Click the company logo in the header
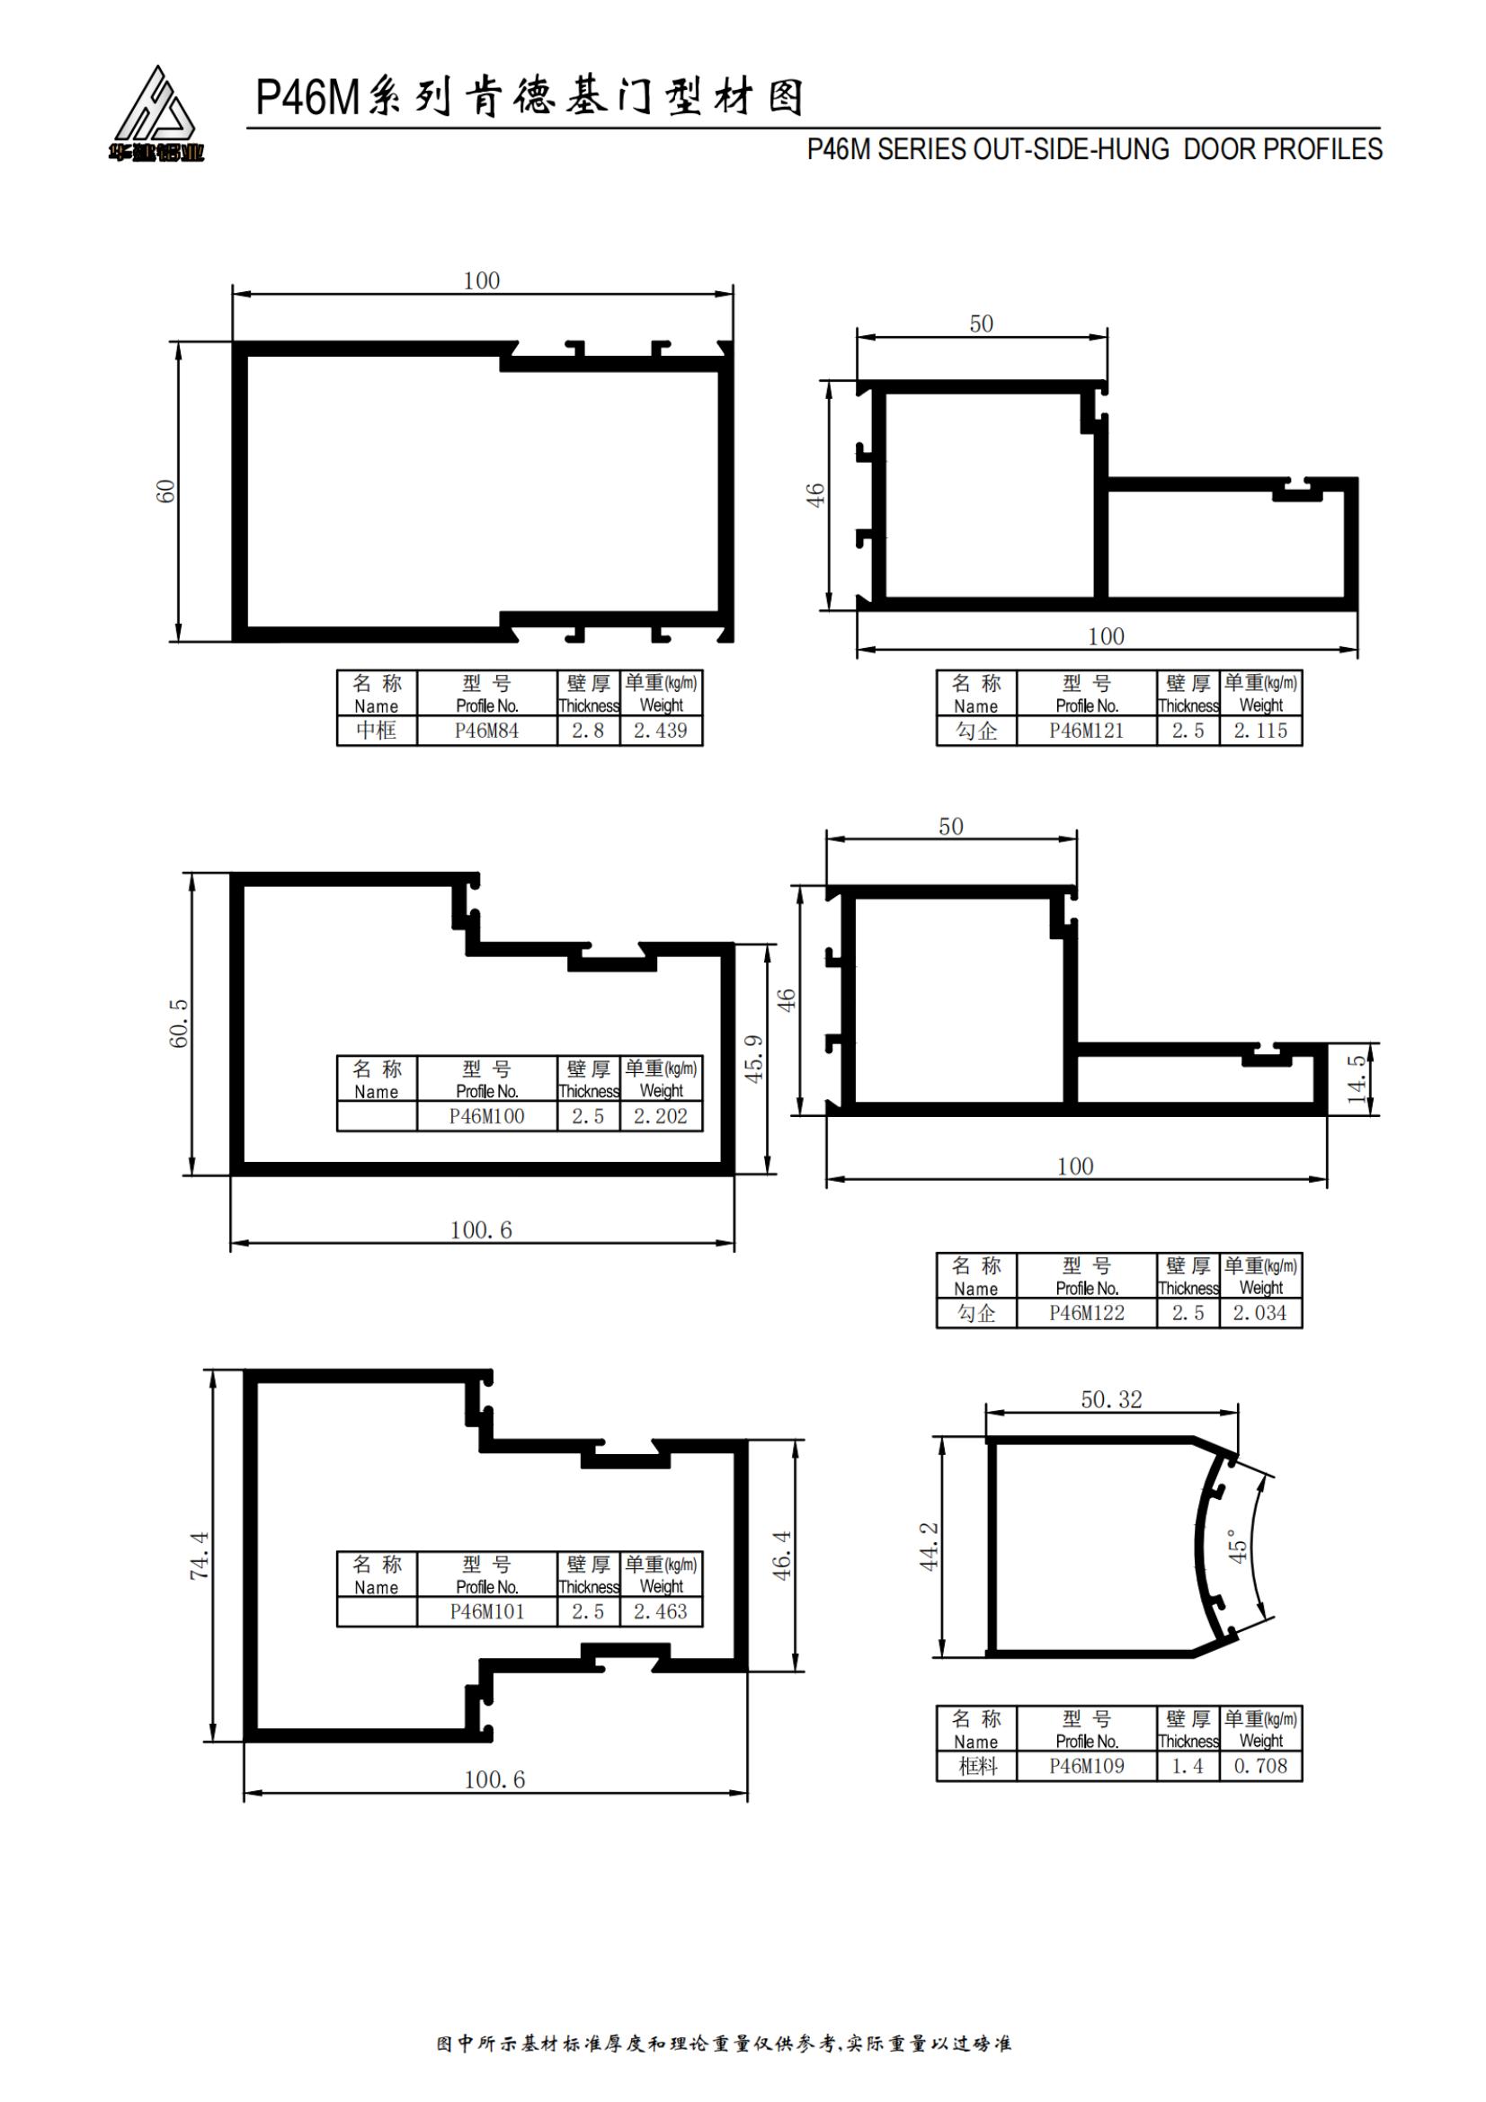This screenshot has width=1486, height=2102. [156, 113]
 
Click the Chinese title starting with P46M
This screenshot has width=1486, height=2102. [530, 97]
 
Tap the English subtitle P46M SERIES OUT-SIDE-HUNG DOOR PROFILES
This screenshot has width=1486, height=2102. [1094, 149]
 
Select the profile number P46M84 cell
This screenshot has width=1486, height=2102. [486, 731]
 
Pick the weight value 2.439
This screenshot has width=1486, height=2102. [660, 731]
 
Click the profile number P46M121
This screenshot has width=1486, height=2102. [1086, 731]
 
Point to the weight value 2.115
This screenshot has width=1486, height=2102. [1259, 731]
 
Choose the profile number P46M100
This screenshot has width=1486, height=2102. [486, 1116]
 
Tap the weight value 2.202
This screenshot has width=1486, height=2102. [660, 1116]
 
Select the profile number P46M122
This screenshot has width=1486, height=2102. [1086, 1313]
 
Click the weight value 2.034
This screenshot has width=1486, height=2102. [1259, 1313]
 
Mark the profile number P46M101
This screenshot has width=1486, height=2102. [486, 1611]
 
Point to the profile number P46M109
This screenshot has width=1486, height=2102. [1086, 1766]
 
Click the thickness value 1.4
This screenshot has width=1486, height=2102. [1188, 1766]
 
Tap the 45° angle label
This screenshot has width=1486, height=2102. [1237, 1546]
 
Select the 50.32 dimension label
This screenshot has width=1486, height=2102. [1111, 1400]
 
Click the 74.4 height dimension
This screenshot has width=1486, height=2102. [200, 1556]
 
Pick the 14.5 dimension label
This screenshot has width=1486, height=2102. [1357, 1078]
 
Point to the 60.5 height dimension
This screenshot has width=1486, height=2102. [180, 1023]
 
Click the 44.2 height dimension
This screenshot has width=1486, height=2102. [930, 1547]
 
